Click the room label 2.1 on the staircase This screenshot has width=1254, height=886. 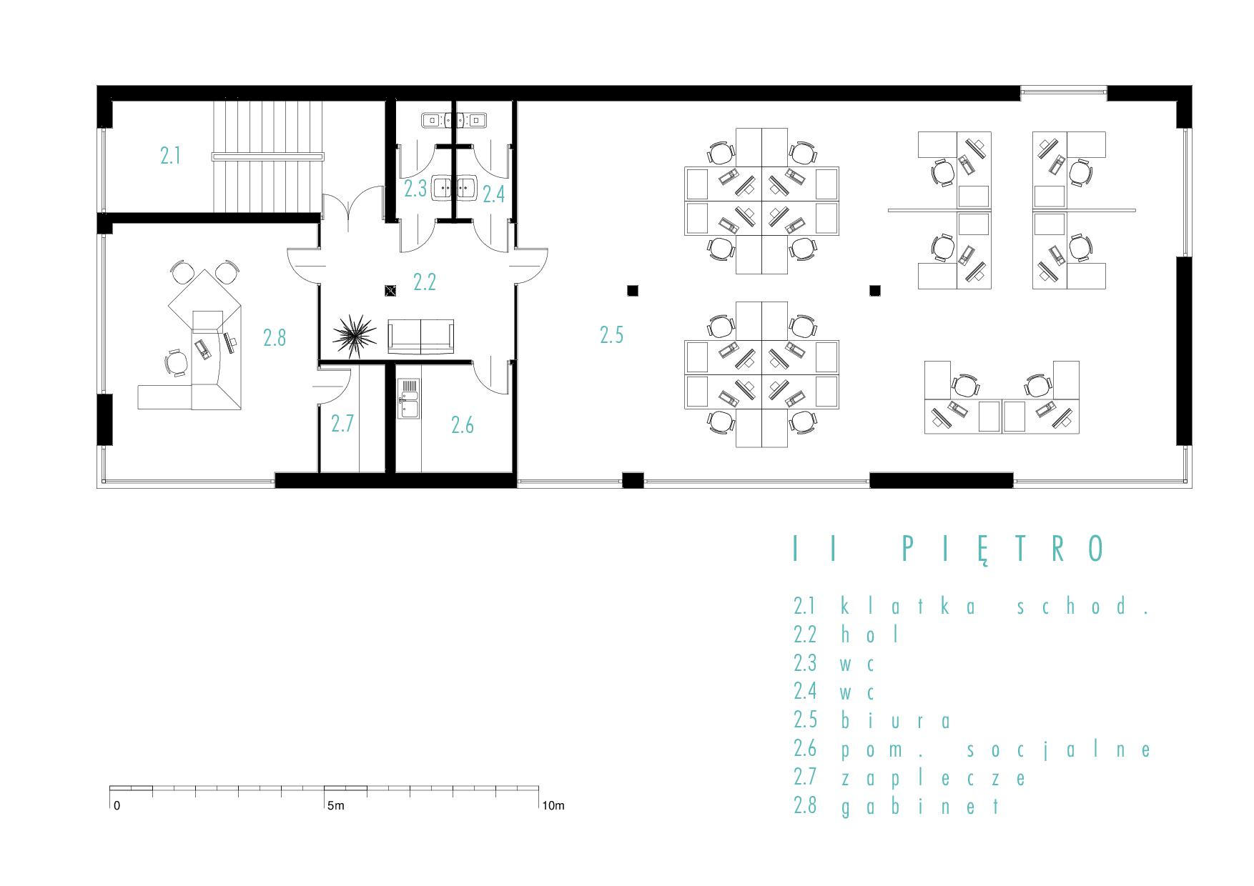coord(170,156)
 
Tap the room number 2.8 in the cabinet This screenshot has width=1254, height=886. coord(275,337)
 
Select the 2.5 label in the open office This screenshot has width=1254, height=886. coord(612,334)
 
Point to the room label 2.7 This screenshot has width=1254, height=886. coord(342,424)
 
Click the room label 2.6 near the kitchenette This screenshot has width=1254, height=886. coord(463,425)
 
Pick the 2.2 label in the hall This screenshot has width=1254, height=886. coord(425,282)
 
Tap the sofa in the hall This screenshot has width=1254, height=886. coord(421,337)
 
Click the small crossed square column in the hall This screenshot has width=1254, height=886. coord(390,290)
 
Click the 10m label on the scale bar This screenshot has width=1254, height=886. coord(553,806)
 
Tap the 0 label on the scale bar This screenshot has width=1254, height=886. coord(117,806)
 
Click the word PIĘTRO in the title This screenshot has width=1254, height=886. coord(1004,549)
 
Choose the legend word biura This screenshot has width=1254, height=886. coord(897,720)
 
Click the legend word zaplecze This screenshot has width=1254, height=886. coord(934,778)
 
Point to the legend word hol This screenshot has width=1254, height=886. coord(869,634)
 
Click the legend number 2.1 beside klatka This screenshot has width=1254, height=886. coord(805,605)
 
